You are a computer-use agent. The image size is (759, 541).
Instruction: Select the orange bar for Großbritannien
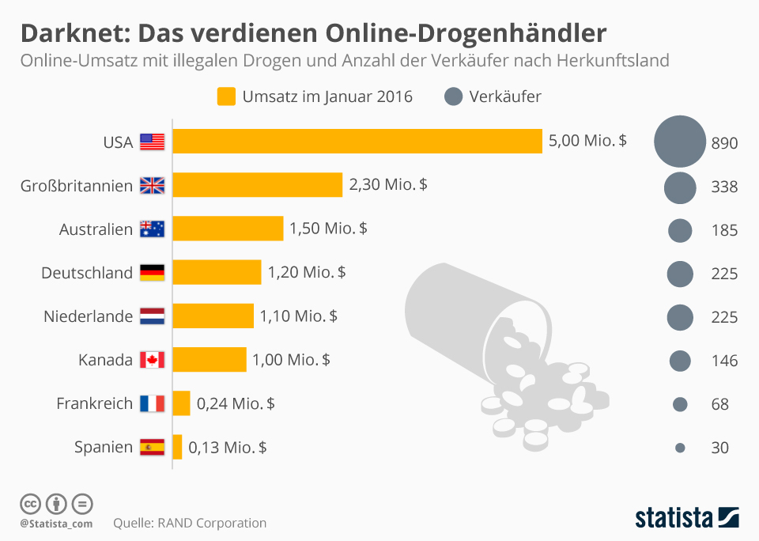(x=258, y=185)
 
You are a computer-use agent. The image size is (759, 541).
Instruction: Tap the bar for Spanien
(x=178, y=447)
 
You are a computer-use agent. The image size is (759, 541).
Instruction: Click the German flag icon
(x=152, y=273)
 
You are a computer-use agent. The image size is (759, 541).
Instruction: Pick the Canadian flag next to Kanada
(x=152, y=360)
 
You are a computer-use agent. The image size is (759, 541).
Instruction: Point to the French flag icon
(x=152, y=403)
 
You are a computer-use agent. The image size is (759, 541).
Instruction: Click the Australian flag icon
(x=152, y=229)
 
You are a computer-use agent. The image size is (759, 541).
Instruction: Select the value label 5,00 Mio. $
(x=587, y=142)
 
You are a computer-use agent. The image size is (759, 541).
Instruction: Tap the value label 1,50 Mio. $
(x=328, y=229)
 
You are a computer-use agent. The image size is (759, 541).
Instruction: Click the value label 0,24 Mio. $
(x=236, y=403)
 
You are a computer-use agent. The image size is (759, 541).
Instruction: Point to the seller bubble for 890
(x=680, y=142)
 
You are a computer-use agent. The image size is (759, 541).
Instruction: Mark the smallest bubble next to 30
(x=680, y=448)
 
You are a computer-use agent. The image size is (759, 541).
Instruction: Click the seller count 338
(x=724, y=187)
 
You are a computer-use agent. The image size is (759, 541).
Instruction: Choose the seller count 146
(x=724, y=361)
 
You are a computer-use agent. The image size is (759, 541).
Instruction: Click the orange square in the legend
(x=226, y=96)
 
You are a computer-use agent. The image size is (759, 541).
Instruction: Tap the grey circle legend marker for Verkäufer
(x=453, y=96)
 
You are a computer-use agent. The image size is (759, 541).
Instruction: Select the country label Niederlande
(x=89, y=316)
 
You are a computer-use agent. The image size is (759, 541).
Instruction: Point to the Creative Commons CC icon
(x=30, y=503)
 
